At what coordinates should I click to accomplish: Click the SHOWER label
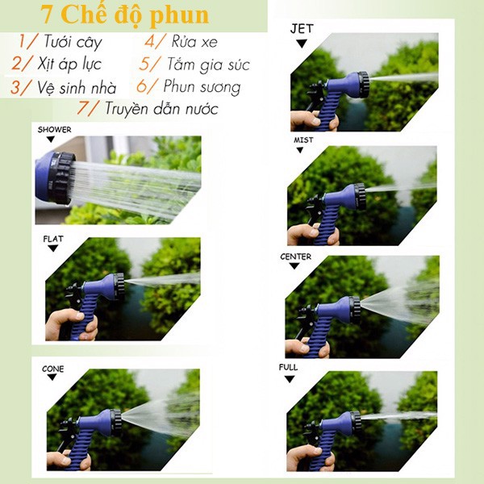pos(54,129)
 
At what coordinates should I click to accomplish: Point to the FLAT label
pos(52,239)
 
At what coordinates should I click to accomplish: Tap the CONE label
pos(52,369)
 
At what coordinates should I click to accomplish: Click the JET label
pos(302,29)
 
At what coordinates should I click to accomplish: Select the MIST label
pos(303,140)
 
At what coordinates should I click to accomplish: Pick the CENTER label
pos(295,257)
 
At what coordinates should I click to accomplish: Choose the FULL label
pos(288,367)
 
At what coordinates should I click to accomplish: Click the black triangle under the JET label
pos(302,44)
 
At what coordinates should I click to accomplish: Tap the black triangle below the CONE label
pos(53,380)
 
